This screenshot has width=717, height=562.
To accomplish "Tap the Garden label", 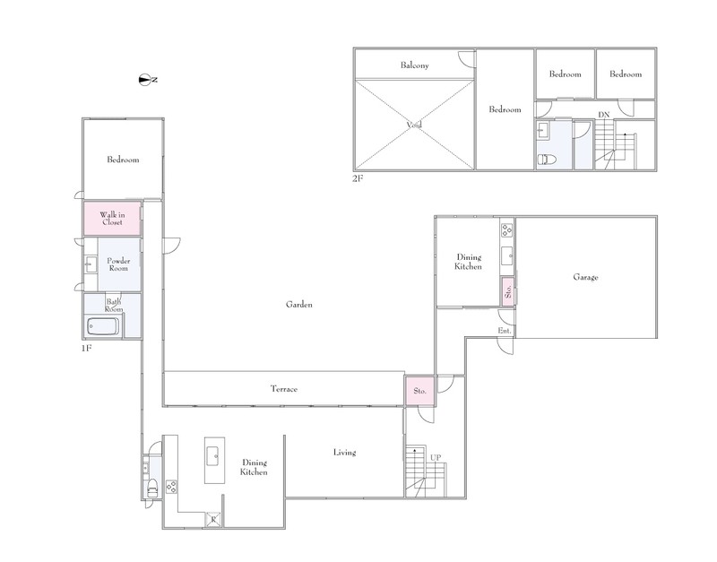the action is [x=299, y=305].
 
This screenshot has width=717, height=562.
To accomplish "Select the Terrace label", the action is [x=284, y=389].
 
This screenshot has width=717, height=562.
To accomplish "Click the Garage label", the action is [x=585, y=277].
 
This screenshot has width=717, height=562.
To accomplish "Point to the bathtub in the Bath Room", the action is [x=103, y=327].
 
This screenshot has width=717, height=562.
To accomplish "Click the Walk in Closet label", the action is [x=112, y=219].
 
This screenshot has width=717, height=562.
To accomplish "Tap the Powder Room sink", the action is [x=91, y=264].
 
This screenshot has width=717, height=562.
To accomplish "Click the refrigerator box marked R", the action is [x=213, y=520].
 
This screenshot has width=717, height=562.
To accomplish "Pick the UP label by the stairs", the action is [x=436, y=458].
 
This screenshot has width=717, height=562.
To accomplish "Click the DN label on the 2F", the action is [x=603, y=115].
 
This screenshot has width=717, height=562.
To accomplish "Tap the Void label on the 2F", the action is [x=414, y=125].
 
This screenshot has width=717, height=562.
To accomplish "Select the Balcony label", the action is [x=415, y=65].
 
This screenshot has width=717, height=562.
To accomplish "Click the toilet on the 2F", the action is [x=547, y=160].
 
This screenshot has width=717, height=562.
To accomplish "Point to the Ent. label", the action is [x=505, y=331].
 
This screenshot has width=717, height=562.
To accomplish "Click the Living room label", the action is [x=344, y=453].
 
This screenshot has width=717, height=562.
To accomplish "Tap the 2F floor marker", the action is [x=358, y=178].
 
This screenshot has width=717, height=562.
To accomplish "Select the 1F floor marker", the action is [x=86, y=349].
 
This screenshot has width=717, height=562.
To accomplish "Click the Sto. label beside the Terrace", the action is [x=419, y=391].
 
